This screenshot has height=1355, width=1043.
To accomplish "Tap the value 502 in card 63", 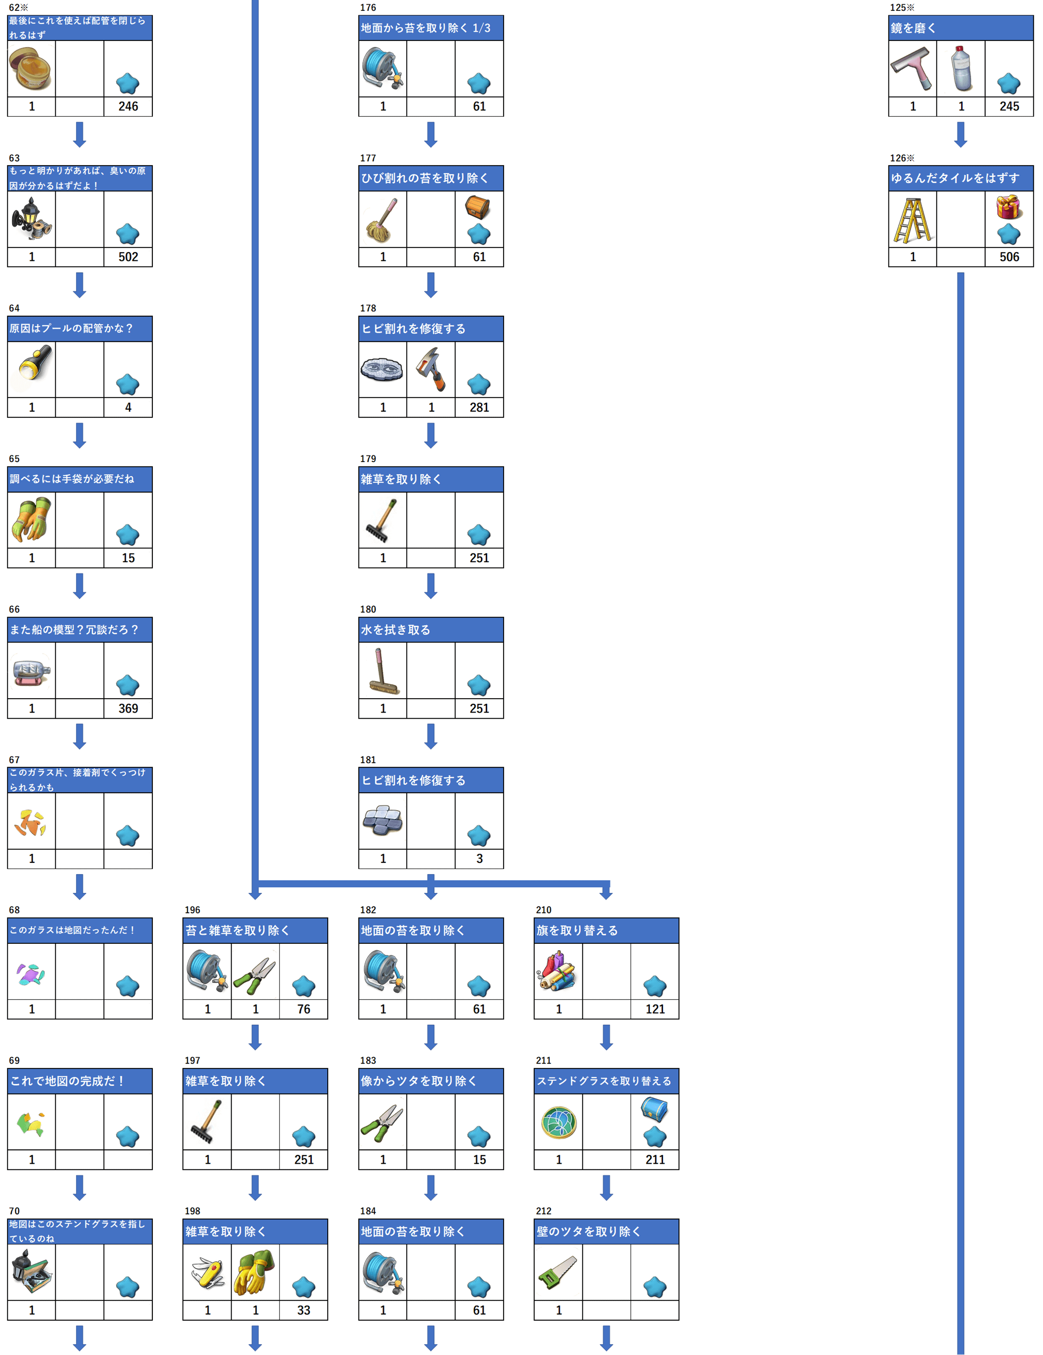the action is tap(128, 257).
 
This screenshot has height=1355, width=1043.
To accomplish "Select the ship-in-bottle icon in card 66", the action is tap(32, 671).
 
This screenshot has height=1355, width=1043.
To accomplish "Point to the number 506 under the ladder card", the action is tap(1009, 257).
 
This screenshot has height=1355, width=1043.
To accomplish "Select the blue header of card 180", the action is tap(431, 630).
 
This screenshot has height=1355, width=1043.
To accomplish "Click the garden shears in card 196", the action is tap(255, 973).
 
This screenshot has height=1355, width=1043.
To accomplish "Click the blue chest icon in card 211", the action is tap(654, 1110).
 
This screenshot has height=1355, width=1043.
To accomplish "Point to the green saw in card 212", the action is tap(558, 1273).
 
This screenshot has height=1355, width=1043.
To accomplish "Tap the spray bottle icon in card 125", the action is tap(961, 68).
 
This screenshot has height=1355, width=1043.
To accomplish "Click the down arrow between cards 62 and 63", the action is tap(79, 135).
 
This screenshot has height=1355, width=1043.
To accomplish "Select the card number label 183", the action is tap(368, 1060).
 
